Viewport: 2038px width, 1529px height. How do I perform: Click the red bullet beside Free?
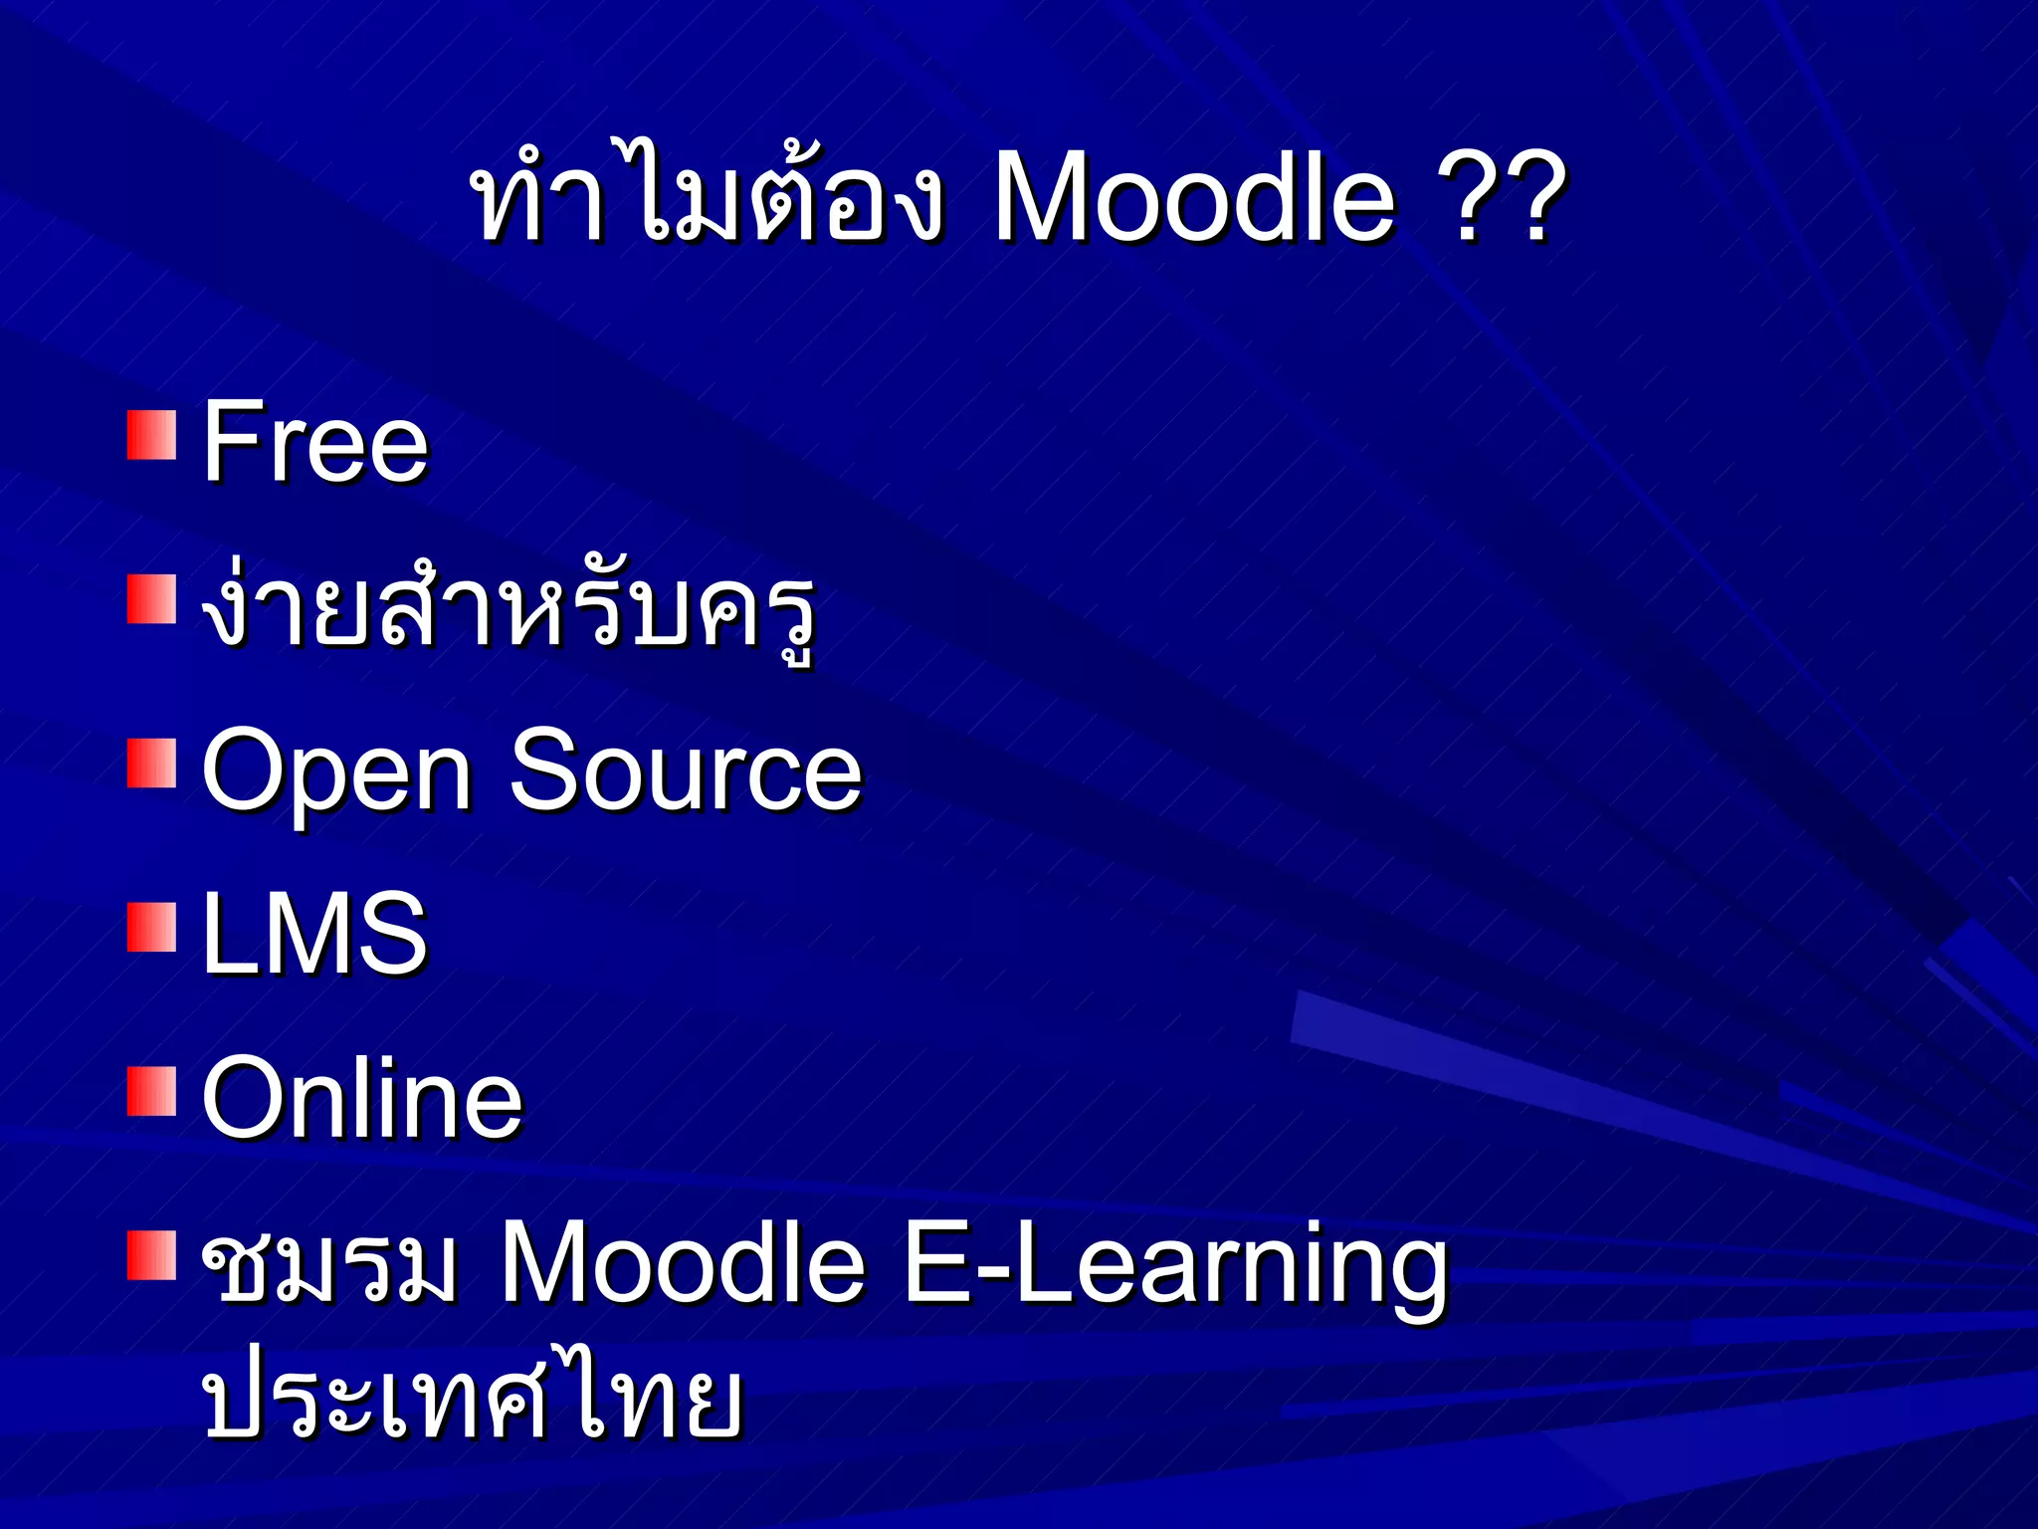pyautogui.click(x=151, y=435)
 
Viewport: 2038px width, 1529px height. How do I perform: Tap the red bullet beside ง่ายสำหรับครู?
pyautogui.click(x=151, y=599)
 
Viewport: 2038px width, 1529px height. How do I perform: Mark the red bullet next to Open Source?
pyautogui.click(x=151, y=764)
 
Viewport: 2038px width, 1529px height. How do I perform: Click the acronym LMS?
pyautogui.click(x=314, y=933)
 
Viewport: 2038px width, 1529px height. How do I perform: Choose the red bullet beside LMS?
pyautogui.click(x=151, y=928)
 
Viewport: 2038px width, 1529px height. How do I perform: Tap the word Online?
pyautogui.click(x=362, y=1098)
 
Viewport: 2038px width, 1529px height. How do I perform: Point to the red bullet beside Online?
pyautogui.click(x=151, y=1092)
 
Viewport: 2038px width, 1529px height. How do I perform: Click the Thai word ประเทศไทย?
pyautogui.click(x=472, y=1399)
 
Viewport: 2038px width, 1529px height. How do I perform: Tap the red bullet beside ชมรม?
pyautogui.click(x=151, y=1256)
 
